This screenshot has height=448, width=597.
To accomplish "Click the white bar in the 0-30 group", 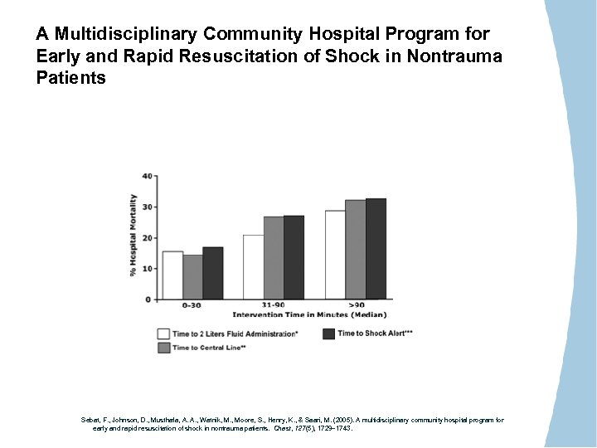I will [x=172, y=275].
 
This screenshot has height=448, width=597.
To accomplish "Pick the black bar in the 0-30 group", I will [x=212, y=273].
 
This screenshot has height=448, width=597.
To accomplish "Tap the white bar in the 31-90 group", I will [x=253, y=266].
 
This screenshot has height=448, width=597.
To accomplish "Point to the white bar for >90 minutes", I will [x=335, y=255].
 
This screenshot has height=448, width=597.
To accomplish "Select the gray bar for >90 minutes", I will [x=355, y=249].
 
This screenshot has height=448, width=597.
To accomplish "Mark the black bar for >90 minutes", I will [x=376, y=248].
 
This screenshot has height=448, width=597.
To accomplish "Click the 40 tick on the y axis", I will [x=147, y=176].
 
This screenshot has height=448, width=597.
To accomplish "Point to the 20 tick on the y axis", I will [x=147, y=238].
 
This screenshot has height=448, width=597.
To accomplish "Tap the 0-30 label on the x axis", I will [x=191, y=305].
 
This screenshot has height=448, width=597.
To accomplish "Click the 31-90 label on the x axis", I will [x=273, y=305].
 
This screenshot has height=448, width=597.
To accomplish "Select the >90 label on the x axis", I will [x=357, y=305].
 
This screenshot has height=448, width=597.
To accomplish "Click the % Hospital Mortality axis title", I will [x=133, y=236].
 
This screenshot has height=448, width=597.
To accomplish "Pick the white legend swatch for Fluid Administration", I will [x=164, y=334].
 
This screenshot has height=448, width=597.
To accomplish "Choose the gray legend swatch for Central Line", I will [x=164, y=348].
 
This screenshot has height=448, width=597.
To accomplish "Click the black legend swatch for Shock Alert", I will [x=328, y=334].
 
